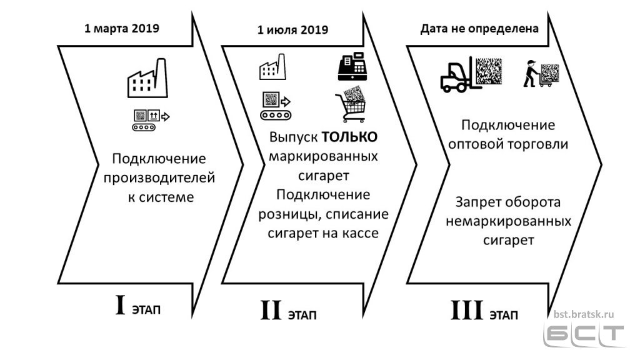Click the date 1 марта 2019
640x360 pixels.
pos(122,29)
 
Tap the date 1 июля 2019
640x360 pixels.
pos(292,30)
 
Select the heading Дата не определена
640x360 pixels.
pos(479,29)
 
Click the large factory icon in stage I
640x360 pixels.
pos(147,78)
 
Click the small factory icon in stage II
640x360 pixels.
pos(272,66)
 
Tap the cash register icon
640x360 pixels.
pos(352,66)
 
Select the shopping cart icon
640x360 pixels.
pos(351,104)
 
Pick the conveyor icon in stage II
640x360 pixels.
pos(276,106)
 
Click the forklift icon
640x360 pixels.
pos(471,74)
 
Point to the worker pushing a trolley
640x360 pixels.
pos(541,74)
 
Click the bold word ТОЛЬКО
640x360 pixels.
pos(350,137)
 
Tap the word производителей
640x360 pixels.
pos(159,178)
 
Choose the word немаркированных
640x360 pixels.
pos(508,221)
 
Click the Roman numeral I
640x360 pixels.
pos(120,305)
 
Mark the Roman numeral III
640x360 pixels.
pos(467,310)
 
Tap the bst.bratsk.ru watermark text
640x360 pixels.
pos(584,314)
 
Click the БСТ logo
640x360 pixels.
pos(584,336)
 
